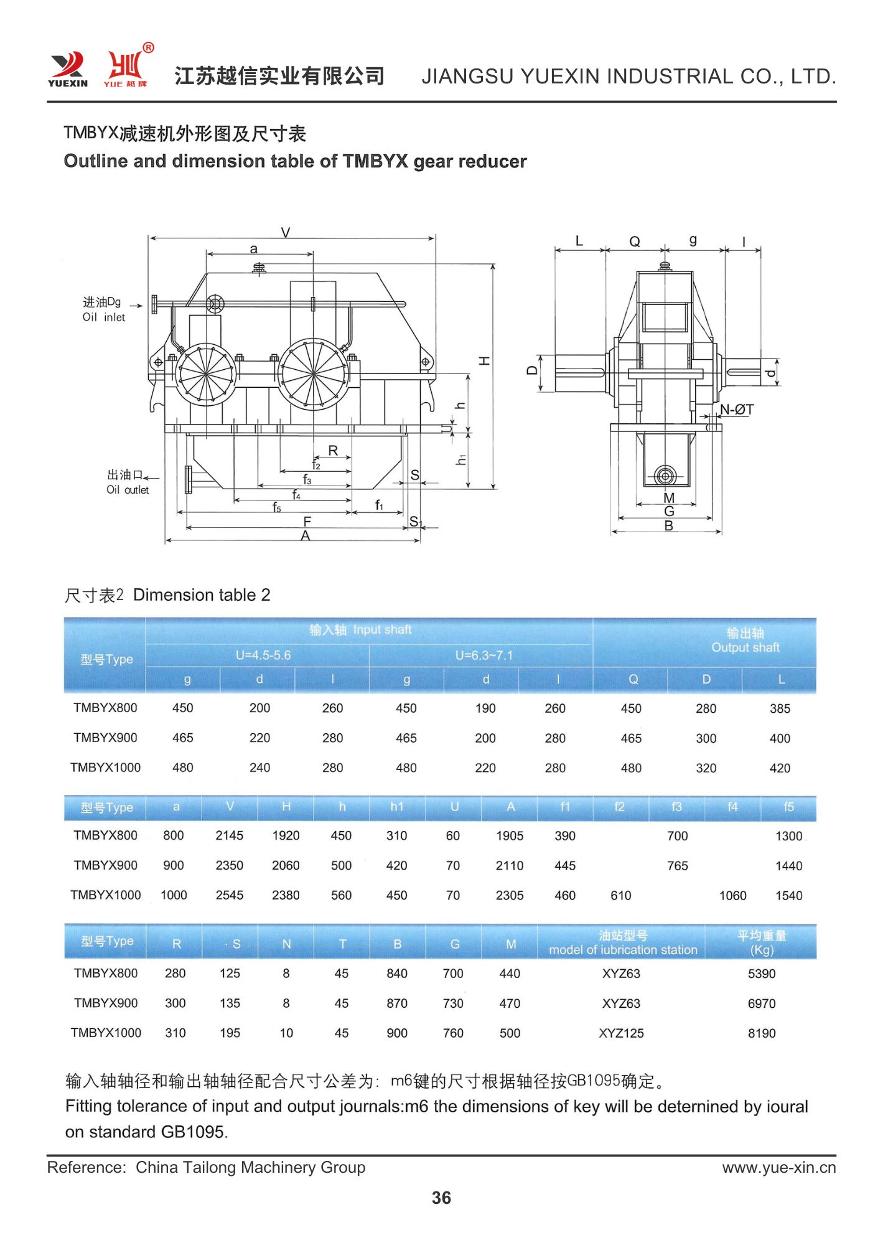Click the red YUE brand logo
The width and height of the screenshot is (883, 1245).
pyautogui.click(x=126, y=67)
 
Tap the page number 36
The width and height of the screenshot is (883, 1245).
pyautogui.click(x=441, y=1197)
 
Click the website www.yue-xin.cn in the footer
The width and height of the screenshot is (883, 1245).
pyautogui.click(x=778, y=1167)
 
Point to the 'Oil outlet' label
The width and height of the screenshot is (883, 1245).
pyautogui.click(x=128, y=489)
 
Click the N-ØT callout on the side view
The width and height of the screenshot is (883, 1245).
pyautogui.click(x=737, y=409)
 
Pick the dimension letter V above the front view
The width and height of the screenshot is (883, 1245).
pyautogui.click(x=286, y=232)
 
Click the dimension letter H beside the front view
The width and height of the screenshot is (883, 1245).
pyautogui.click(x=485, y=361)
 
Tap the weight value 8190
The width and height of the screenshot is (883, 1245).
pyautogui.click(x=762, y=1033)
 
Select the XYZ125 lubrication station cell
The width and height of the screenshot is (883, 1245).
pyautogui.click(x=621, y=1033)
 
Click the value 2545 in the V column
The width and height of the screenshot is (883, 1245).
pyautogui.click(x=230, y=895)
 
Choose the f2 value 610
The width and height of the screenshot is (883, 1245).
pyautogui.click(x=621, y=895)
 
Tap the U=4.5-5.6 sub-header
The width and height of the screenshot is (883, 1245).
pyautogui.click(x=263, y=655)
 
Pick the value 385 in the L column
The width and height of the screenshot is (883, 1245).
pyautogui.click(x=780, y=708)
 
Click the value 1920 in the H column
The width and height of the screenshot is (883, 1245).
pyautogui.click(x=286, y=835)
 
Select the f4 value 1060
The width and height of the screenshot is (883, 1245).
pyautogui.click(x=732, y=895)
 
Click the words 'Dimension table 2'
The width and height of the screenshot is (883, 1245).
pyautogui.click(x=202, y=595)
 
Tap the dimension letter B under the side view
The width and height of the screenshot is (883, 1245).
pyautogui.click(x=668, y=525)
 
